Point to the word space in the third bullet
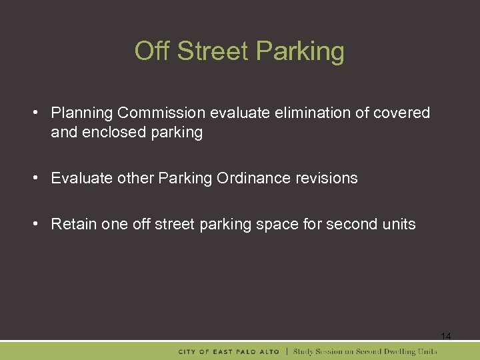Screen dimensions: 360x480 point(279,224)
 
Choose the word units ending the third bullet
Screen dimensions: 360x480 point(398,224)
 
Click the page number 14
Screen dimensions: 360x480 point(446,337)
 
